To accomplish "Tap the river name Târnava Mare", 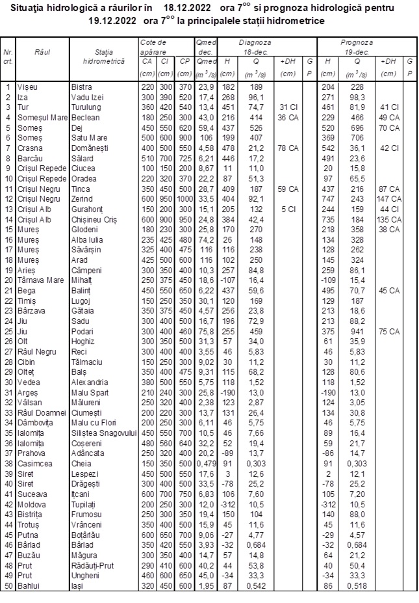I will coord(42,280).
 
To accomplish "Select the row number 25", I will coord(8,332).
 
